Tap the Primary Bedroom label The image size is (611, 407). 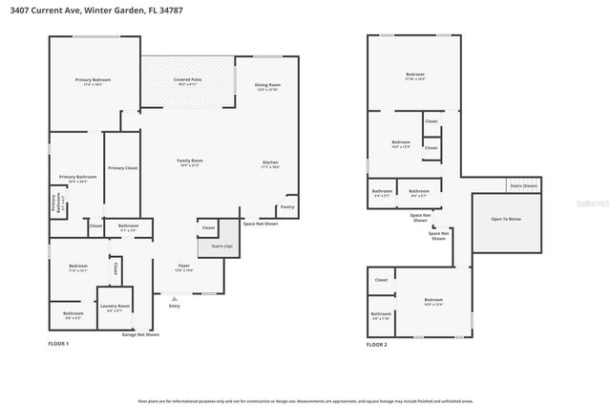tap(94, 82)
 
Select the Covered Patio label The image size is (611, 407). tap(188, 82)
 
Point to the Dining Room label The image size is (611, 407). tap(266, 87)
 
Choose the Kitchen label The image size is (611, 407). tap(271, 164)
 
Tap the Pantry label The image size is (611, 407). tap(286, 207)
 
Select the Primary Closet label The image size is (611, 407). tap(122, 168)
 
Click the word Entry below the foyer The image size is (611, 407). tap(174, 306)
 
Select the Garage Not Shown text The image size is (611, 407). tap(140, 334)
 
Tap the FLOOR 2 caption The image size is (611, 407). tap(378, 343)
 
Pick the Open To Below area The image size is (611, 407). tap(506, 219)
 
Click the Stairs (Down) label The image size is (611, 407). tap(523, 185)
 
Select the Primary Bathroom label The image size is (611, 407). tap(77, 179)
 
